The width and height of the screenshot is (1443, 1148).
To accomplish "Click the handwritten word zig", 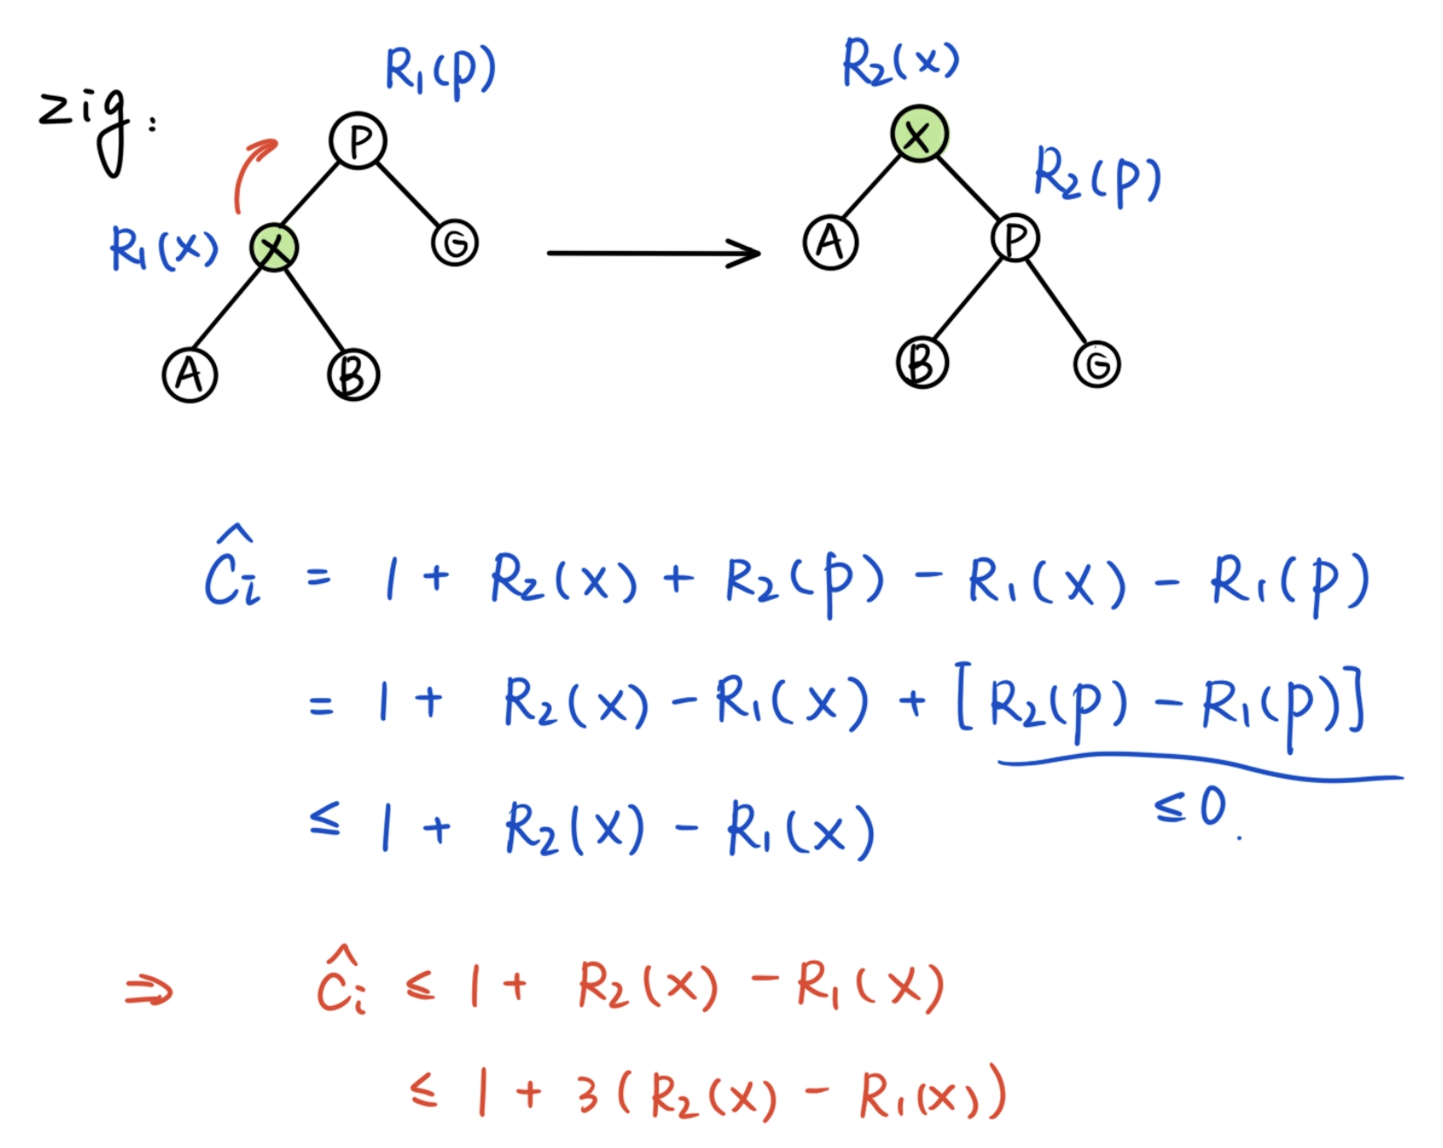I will coord(87,126).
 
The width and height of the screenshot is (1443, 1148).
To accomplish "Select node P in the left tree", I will coord(358,140).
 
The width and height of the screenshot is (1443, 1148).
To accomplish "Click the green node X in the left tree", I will coord(274,248).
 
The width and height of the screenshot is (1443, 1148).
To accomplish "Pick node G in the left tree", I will coord(455,242).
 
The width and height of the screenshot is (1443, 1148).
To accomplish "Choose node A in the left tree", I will coord(190,375).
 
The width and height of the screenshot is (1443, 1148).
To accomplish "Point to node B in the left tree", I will coord(353,375).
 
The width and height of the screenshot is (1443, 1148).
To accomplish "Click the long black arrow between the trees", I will coord(654,253).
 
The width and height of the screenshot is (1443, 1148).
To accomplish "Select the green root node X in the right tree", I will coord(918,134).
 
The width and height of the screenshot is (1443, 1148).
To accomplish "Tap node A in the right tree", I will coord(830,242).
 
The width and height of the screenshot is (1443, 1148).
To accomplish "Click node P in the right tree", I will coord(1015,238).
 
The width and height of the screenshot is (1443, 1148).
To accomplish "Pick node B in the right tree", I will coord(922,362).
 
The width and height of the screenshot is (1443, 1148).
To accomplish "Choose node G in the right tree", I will coord(1097,363).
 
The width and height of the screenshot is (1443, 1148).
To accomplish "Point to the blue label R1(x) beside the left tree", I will coord(164,248).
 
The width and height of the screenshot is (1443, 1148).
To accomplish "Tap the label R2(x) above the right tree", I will coord(901,63).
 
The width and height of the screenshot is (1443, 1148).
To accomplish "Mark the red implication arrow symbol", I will coord(149,990).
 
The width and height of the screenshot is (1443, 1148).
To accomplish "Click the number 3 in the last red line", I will coord(587,1093).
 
